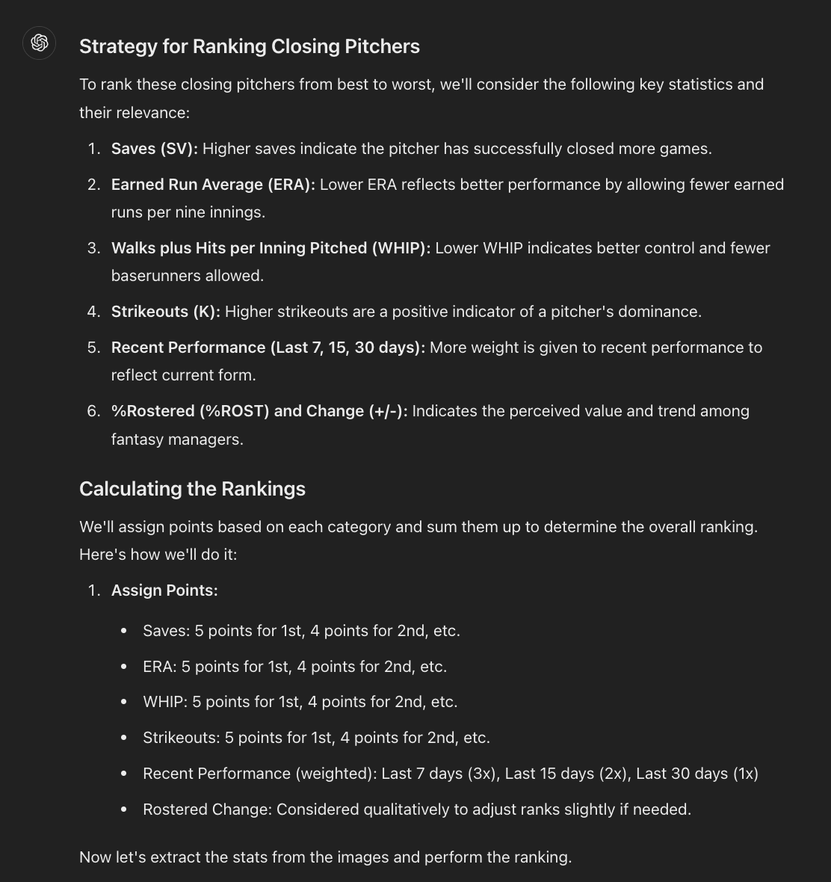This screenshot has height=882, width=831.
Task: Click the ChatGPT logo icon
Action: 40,43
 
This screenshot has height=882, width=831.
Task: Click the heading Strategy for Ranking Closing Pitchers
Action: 249,46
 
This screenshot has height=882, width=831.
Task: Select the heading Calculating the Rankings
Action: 192,489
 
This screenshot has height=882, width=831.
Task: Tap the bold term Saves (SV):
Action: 155,149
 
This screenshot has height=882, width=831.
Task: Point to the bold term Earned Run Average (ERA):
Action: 214,185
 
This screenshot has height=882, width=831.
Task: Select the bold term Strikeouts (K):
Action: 165,312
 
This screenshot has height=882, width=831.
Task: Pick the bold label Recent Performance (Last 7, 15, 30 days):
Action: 268,348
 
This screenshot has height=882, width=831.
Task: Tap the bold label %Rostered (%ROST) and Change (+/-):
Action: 259,411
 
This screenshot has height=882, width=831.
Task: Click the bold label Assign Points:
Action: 164,590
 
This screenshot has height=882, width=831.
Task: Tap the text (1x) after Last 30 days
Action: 744,774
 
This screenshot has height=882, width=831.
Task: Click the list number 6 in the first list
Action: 93,411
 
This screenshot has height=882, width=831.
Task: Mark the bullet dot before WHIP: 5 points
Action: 123,703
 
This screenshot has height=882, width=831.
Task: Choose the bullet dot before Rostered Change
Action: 123,809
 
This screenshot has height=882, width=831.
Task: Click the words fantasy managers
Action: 177,440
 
